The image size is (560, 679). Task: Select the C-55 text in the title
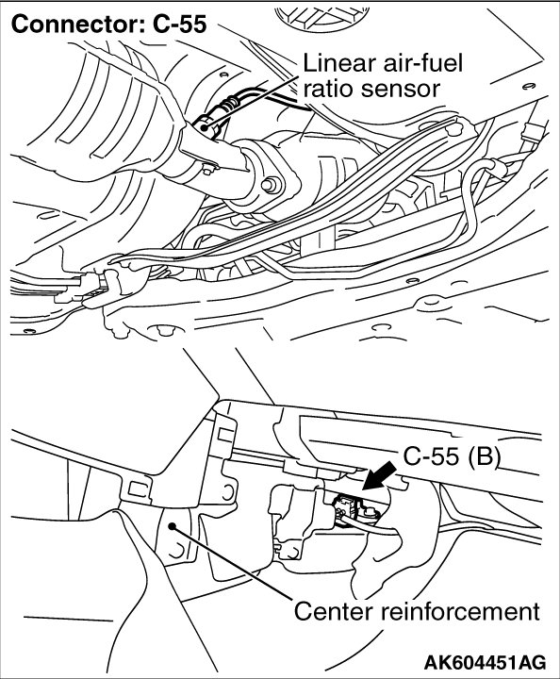179,24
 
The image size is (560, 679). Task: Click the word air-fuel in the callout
418,63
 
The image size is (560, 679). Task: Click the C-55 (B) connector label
452,455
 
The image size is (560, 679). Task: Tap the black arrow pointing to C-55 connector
379,475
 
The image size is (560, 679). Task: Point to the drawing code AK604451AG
485,662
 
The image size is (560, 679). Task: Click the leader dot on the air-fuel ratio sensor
204,127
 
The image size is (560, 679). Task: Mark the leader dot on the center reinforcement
173,525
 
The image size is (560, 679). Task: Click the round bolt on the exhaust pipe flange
272,186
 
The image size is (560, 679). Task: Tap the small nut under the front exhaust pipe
208,170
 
